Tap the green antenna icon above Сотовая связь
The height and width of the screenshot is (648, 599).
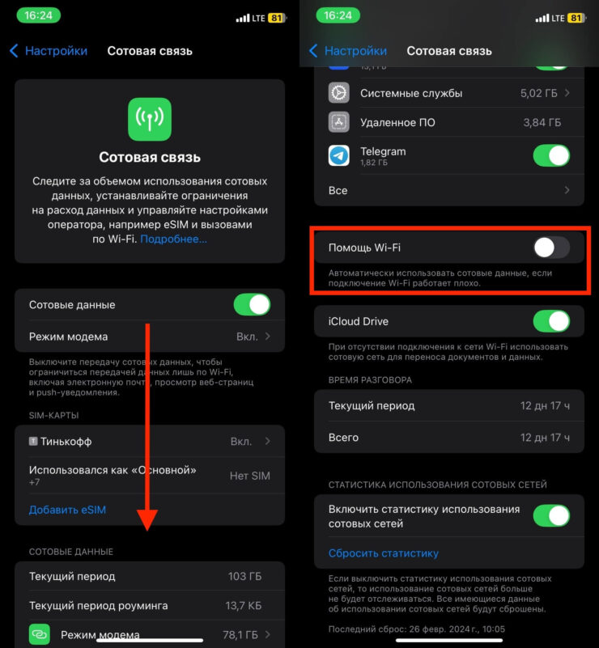(150, 120)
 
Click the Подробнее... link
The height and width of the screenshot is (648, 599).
(173, 239)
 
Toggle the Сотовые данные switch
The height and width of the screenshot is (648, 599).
(252, 305)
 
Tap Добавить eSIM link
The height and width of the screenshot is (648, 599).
(67, 510)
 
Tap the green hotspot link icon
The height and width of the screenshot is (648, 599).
(40, 634)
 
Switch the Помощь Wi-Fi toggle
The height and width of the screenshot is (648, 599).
(551, 248)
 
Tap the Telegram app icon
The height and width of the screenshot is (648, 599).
(339, 155)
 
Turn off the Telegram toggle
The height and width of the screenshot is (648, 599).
(551, 155)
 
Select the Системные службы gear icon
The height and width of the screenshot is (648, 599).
(339, 93)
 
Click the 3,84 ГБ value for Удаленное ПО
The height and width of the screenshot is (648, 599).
(542, 122)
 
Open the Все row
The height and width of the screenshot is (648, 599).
(448, 190)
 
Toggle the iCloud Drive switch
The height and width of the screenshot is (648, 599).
(551, 321)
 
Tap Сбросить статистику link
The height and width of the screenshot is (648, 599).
(383, 553)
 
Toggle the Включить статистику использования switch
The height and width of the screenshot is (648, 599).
(551, 515)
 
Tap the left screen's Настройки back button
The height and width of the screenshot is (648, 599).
(49, 51)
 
